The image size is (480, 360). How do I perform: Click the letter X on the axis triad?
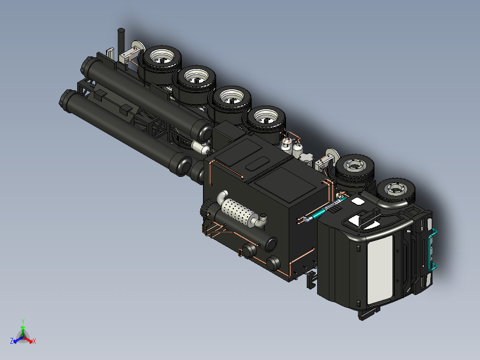point(34,341)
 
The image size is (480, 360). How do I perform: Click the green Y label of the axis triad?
point(23,321)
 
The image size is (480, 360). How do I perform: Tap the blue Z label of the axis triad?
point(12,341)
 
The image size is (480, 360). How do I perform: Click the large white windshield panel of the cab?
point(380,270)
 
